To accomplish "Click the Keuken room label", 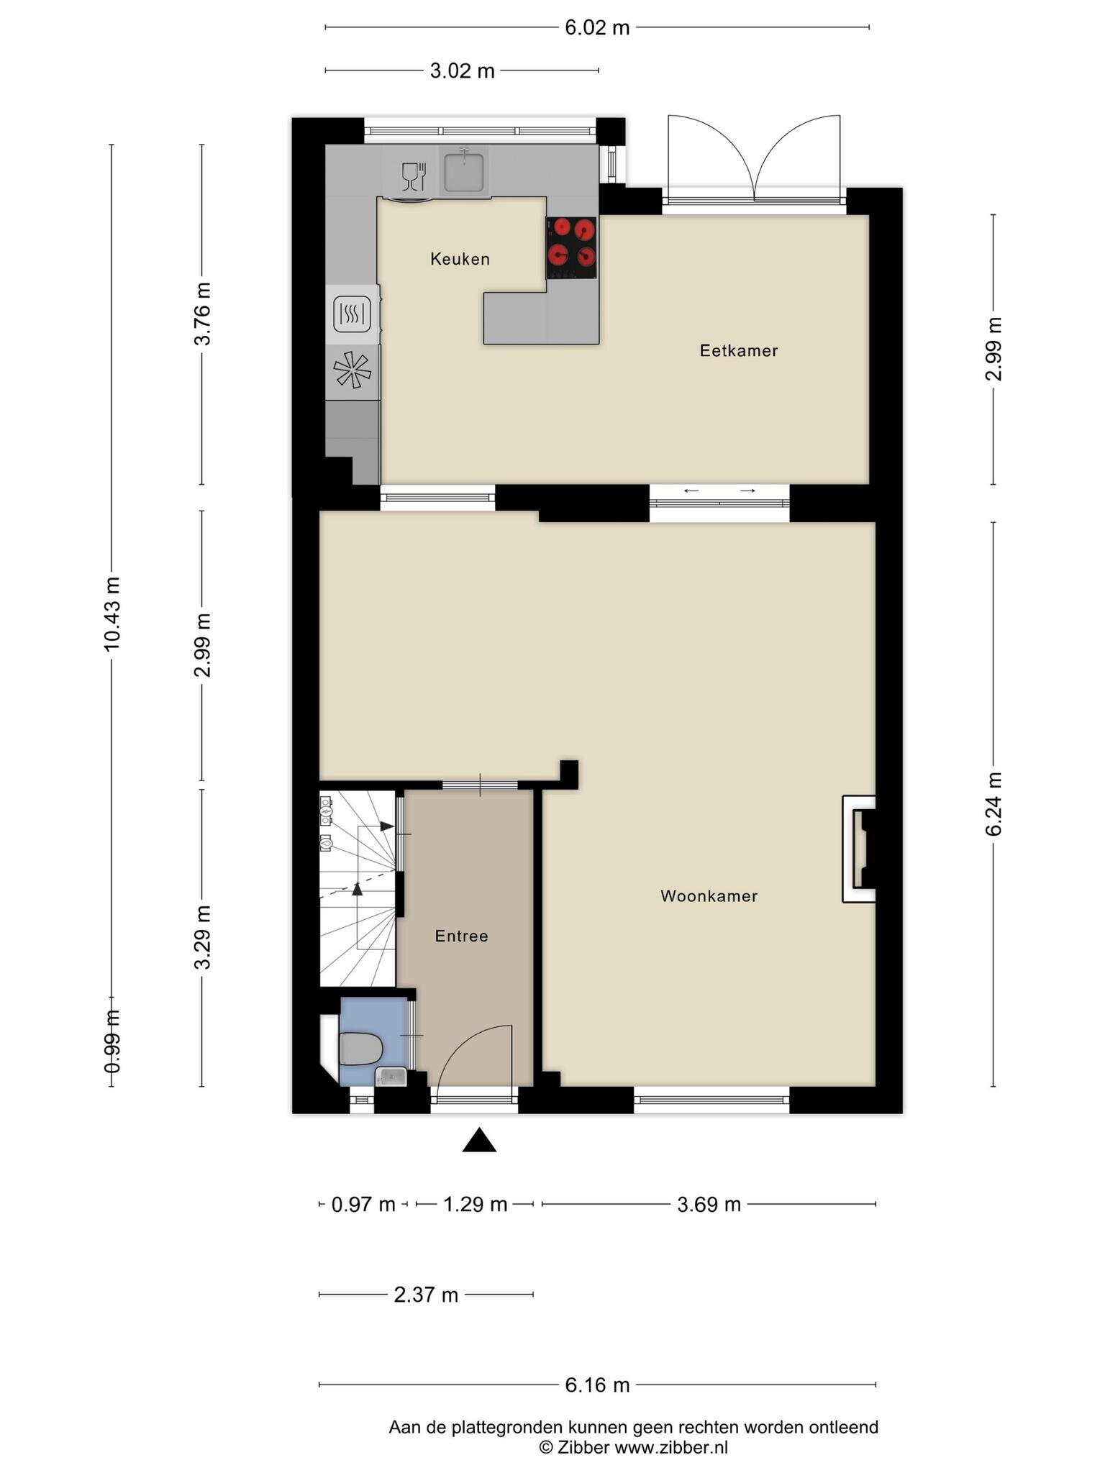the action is [x=460, y=259].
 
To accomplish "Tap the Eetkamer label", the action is [x=739, y=350].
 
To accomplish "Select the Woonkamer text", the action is [x=709, y=895].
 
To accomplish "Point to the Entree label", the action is [x=461, y=936].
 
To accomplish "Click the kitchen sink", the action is [x=463, y=170].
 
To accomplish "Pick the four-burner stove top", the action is [x=572, y=247].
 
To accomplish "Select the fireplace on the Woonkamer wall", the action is [x=860, y=849].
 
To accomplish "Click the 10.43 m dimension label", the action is [x=112, y=614].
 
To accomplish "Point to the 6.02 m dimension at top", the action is [x=597, y=28].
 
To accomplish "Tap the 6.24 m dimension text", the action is [x=993, y=804].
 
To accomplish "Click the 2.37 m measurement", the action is [x=426, y=1295].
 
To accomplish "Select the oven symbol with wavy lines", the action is [x=352, y=314].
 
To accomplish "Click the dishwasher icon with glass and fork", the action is [x=414, y=176].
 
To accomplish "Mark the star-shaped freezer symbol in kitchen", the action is [x=353, y=370].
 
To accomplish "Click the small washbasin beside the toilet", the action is [x=391, y=1076].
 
